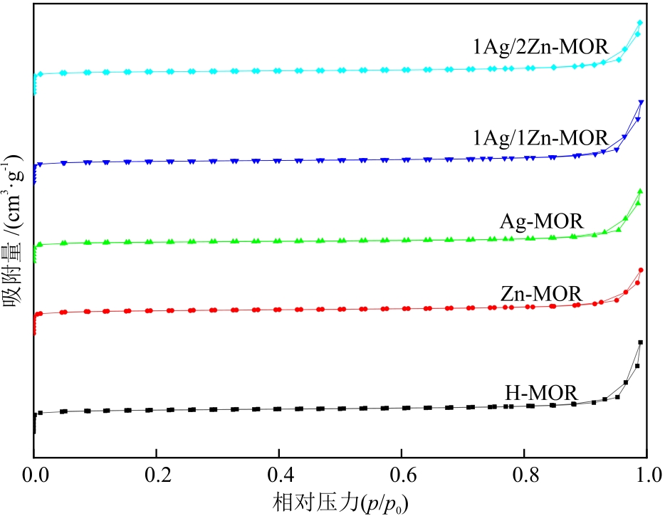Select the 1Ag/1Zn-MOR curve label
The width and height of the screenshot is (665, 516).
pos(542,137)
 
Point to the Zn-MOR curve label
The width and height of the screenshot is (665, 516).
pos(541,293)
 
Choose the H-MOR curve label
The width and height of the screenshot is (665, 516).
pos(541,392)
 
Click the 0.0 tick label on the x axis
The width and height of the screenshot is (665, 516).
pos(34,473)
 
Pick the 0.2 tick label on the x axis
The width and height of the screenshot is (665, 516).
pos(157,473)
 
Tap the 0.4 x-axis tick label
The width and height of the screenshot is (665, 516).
pos(279,473)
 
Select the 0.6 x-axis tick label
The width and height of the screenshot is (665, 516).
pos(402,473)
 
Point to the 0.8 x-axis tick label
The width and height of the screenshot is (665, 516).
pos(524,473)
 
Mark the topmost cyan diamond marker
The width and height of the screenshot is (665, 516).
pos(640,23)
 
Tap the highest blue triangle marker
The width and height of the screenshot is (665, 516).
pos(642,102)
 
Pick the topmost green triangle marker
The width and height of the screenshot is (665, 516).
pos(640,191)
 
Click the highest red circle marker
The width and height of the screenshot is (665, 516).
pos(641,270)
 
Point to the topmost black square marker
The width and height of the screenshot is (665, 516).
pos(640,342)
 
